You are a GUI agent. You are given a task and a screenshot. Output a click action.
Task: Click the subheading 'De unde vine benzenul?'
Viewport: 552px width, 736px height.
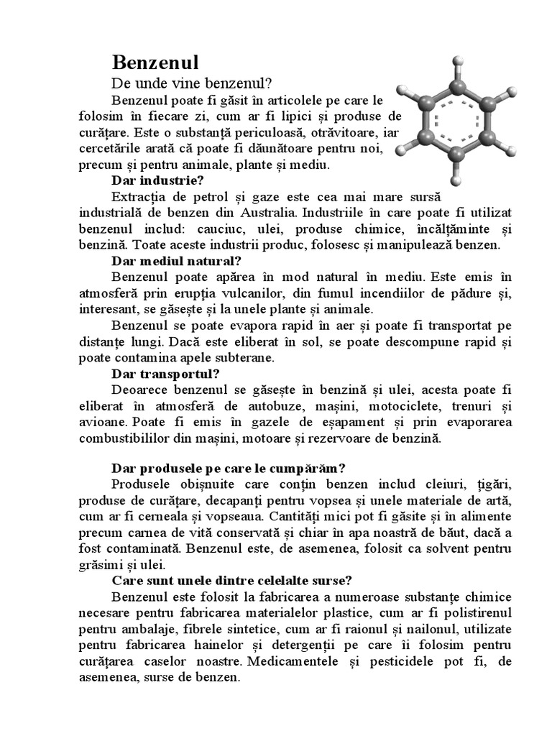(193, 83)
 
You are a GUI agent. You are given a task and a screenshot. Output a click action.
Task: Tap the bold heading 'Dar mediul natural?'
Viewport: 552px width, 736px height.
(176, 259)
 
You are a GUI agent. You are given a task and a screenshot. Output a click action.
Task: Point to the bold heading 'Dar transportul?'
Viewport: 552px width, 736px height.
(165, 374)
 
